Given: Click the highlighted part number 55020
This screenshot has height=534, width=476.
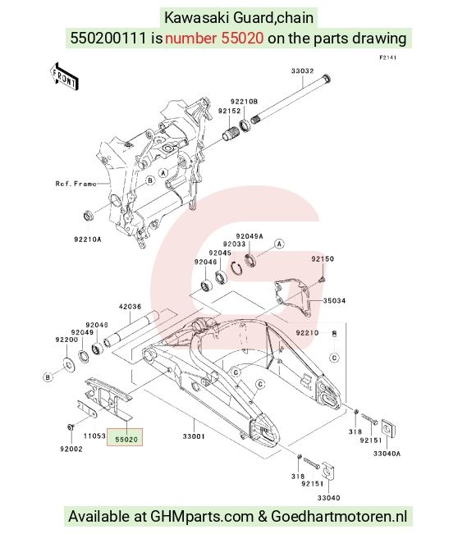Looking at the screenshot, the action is [126, 440].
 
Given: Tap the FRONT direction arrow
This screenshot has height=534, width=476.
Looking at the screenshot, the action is [64, 76].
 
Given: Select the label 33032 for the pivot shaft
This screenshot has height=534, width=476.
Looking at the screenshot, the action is [302, 71].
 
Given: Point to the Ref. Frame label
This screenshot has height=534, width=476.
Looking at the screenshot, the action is [76, 184].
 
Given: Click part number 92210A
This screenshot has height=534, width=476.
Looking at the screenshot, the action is [88, 240].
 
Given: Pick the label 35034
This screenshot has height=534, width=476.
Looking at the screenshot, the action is [334, 301].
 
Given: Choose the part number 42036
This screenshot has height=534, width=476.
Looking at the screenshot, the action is [130, 307].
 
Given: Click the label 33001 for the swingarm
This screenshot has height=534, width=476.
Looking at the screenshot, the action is [194, 436].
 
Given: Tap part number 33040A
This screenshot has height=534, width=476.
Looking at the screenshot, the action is [387, 454].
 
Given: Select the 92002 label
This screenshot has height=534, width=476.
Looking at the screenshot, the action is [71, 450].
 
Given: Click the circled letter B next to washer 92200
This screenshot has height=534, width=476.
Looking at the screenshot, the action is [48, 377].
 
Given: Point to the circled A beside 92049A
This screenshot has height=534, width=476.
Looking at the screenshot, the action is [279, 244].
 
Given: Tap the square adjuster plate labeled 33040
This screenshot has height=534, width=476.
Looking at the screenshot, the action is [327, 472].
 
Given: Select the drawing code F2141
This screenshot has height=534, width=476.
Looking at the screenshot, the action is [387, 57].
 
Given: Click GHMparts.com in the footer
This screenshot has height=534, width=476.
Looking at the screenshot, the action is [202, 516].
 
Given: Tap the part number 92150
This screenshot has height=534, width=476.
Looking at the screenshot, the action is [323, 259].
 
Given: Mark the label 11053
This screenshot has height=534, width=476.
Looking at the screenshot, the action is [94, 436].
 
